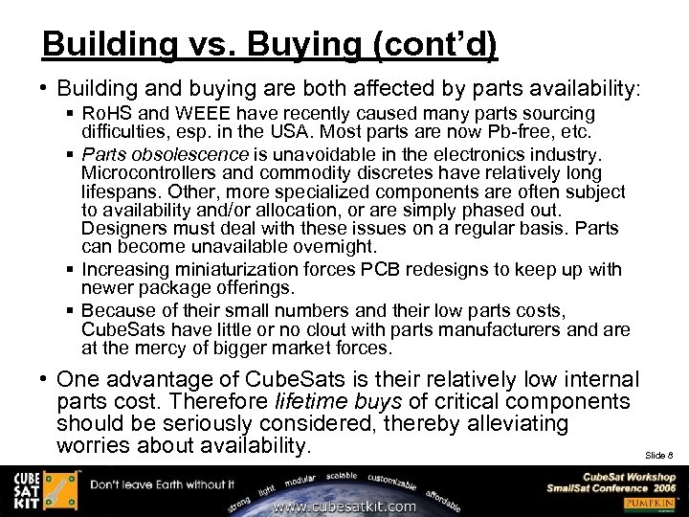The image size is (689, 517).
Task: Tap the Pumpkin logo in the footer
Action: pyautogui.click(x=651, y=503)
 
